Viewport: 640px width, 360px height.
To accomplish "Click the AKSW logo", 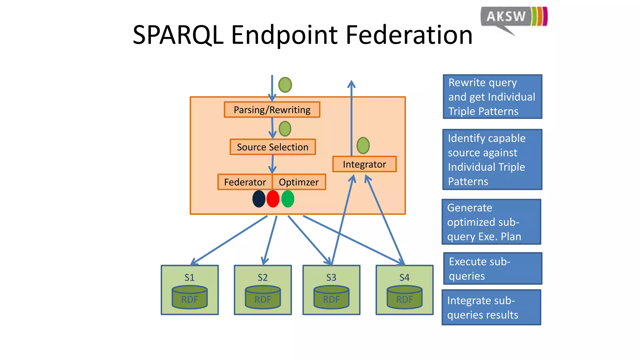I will [514, 17].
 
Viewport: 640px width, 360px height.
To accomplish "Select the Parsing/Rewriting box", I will [272, 110].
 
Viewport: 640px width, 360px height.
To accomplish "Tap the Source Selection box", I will [272, 147].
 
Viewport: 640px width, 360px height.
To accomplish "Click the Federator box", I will [245, 182].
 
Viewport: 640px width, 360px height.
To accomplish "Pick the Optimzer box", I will [299, 182].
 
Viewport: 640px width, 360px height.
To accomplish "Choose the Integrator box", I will [364, 164].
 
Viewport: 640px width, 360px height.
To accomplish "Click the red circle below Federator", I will [273, 199].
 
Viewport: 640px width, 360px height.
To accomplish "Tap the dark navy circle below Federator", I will [259, 199].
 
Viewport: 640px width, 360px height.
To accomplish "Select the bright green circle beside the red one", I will [288, 199].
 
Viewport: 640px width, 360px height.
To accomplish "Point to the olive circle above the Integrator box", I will [363, 145].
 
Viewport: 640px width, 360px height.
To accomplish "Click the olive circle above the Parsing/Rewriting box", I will [285, 85].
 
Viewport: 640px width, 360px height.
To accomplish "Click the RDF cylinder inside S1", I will [190, 297].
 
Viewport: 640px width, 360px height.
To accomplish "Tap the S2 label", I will [262, 277].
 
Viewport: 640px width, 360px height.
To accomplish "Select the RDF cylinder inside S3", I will [331, 297].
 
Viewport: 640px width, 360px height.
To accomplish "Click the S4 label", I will [404, 277].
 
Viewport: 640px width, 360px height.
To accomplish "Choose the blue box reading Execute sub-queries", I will [492, 268].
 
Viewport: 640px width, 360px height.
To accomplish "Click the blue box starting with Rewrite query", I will [492, 97].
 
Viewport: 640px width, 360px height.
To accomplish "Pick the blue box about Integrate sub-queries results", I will [491, 307].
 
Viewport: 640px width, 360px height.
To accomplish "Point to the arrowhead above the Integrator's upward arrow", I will [352, 84].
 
